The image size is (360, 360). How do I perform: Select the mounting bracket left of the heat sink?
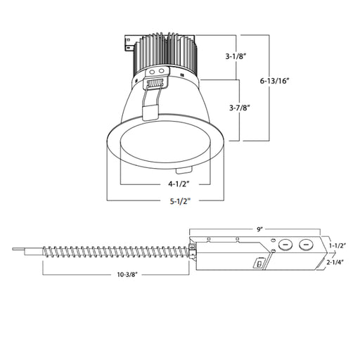click(129, 45)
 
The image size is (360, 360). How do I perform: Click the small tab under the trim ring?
click(181, 170)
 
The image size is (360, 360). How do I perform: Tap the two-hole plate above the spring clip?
click(157, 71)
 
